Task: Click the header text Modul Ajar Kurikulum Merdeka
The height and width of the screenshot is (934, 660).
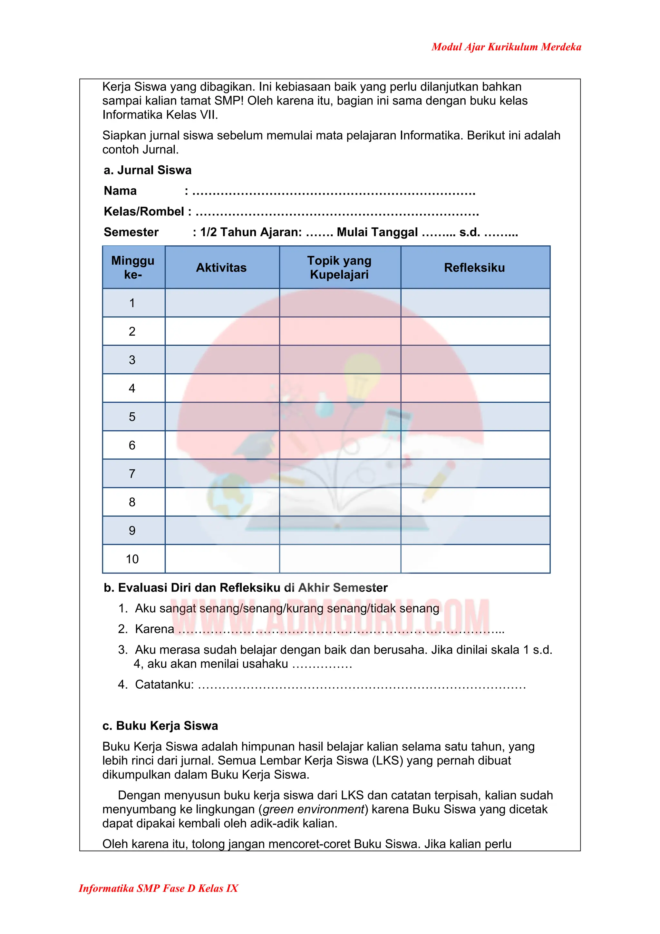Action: (506, 47)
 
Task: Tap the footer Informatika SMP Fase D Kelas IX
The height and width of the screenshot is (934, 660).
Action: (158, 888)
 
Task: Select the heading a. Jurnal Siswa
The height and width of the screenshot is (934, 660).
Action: (147, 170)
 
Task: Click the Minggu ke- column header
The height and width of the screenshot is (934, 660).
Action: (133, 267)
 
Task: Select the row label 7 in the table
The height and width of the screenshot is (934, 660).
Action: (132, 474)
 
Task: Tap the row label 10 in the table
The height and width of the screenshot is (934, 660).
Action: (132, 559)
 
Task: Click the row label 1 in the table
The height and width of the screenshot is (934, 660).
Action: (132, 303)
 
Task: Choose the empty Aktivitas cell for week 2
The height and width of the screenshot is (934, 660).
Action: (222, 331)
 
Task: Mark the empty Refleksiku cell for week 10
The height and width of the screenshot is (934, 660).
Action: (475, 559)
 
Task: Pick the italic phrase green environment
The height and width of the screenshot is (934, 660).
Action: (313, 809)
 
